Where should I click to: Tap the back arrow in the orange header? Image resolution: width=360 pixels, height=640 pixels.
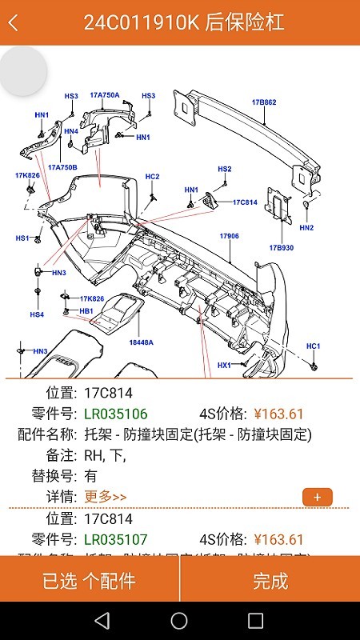13,22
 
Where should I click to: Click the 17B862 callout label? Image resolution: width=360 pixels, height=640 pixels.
264,102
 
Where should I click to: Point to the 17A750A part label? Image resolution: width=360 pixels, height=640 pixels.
104,95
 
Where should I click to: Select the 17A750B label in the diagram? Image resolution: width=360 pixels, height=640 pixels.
62,167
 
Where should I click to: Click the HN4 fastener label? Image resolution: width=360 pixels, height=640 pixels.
71,131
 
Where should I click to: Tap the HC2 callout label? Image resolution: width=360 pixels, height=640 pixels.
152,176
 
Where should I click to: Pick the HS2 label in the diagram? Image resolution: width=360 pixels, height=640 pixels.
224,169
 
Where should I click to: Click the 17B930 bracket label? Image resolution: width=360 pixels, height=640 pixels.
281,247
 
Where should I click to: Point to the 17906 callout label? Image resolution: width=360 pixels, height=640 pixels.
230,236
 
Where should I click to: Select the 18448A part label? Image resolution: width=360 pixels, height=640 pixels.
141,342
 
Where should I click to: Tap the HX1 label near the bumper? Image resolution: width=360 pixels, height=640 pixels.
224,365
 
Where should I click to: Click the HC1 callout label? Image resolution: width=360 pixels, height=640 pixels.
313,346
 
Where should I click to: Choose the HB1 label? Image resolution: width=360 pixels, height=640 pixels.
86,310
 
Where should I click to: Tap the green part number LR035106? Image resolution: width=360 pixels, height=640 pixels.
116,414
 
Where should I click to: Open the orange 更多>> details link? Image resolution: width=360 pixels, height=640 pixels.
106,497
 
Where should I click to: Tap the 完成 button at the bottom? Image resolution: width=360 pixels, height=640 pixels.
270,581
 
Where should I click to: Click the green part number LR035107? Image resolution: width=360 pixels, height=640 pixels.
116,539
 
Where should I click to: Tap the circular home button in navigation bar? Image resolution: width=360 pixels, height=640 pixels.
179,621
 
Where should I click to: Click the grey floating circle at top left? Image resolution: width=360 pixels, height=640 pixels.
22,70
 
